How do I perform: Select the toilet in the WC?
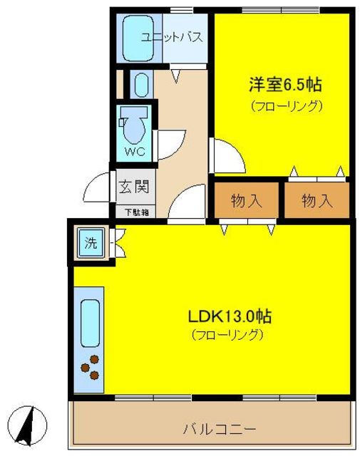[134, 125]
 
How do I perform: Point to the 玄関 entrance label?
[133, 189]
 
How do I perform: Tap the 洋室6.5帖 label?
[284, 85]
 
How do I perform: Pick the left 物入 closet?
[247, 201]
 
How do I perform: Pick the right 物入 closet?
[317, 201]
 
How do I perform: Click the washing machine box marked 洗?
[91, 242]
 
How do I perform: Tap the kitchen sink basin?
[89, 325]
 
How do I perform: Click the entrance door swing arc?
[96, 190]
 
